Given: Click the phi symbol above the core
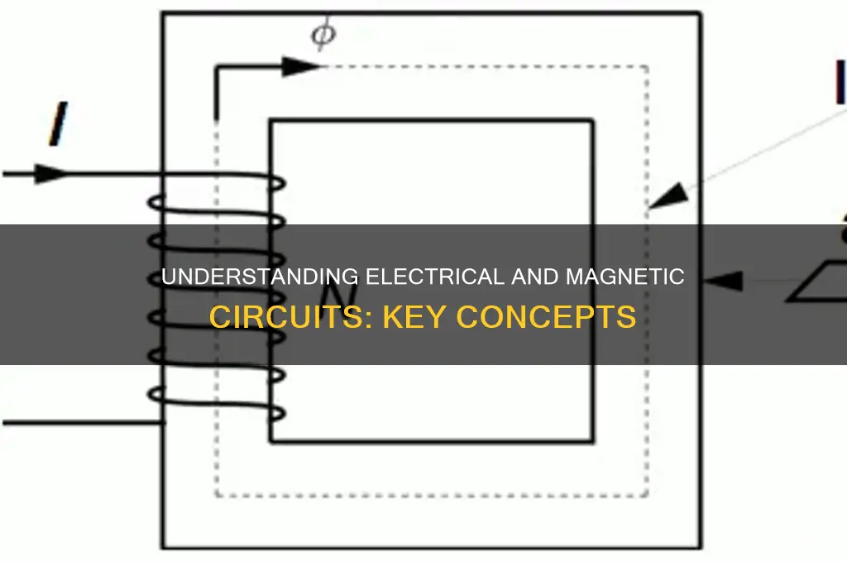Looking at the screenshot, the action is (323, 34).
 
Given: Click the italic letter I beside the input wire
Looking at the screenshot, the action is (59, 124).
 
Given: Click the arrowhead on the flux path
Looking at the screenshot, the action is (301, 66).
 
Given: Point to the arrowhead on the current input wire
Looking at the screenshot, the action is (50, 174).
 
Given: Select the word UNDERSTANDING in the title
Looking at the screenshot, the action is (259, 277).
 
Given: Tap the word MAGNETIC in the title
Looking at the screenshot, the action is (625, 277).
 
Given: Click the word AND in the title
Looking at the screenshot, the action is (535, 277).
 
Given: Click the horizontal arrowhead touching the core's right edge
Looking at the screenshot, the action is (723, 281).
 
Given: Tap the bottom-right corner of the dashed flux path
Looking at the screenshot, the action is (647, 495).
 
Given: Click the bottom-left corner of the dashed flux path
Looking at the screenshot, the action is (217, 495).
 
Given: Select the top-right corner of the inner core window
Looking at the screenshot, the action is (593, 120).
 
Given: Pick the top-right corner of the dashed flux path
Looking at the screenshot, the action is (647, 67).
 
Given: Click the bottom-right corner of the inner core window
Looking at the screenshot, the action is (593, 442).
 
